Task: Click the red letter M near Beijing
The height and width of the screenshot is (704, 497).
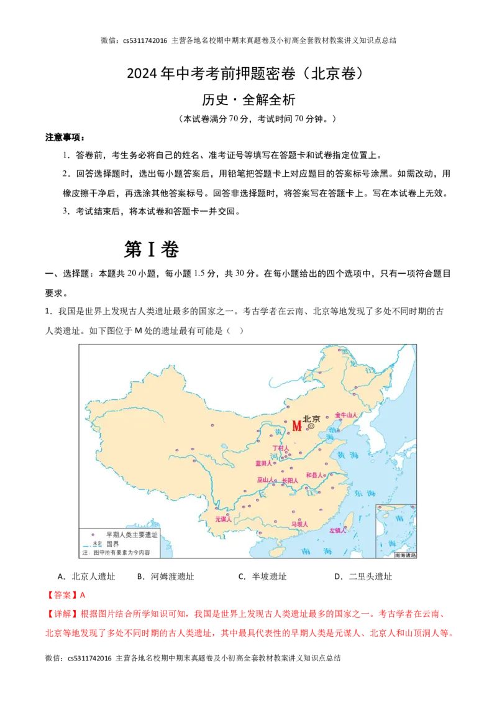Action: pyautogui.click(x=296, y=426)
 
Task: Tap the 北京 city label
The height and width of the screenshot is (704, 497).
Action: pyautogui.click(x=311, y=419)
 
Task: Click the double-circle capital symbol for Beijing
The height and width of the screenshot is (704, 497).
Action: pyautogui.click(x=311, y=427)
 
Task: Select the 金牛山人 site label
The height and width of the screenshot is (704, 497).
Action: pyautogui.click(x=347, y=414)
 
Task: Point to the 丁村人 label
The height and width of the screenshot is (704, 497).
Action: pyautogui.click(x=281, y=448)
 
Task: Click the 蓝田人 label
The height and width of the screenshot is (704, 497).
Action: pyautogui.click(x=264, y=463)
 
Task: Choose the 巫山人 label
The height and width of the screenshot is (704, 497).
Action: pyautogui.click(x=265, y=480)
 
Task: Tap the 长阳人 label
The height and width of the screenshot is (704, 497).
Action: pyautogui.click(x=290, y=481)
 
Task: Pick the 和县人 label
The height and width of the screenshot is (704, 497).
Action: pyautogui.click(x=315, y=475)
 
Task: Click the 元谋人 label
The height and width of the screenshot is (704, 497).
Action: pyautogui.click(x=223, y=519)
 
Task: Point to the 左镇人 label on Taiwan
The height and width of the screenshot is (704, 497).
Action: pyautogui.click(x=337, y=530)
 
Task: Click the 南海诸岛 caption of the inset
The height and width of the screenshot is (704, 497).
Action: pyautogui.click(x=405, y=555)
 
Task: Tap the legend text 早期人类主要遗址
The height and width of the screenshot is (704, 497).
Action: pyautogui.click(x=132, y=534)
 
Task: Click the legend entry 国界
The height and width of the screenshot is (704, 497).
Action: pyautogui.click(x=112, y=543)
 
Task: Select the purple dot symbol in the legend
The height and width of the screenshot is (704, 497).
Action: pyautogui.click(x=93, y=534)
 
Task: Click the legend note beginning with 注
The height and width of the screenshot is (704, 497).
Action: pyautogui.click(x=118, y=552)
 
